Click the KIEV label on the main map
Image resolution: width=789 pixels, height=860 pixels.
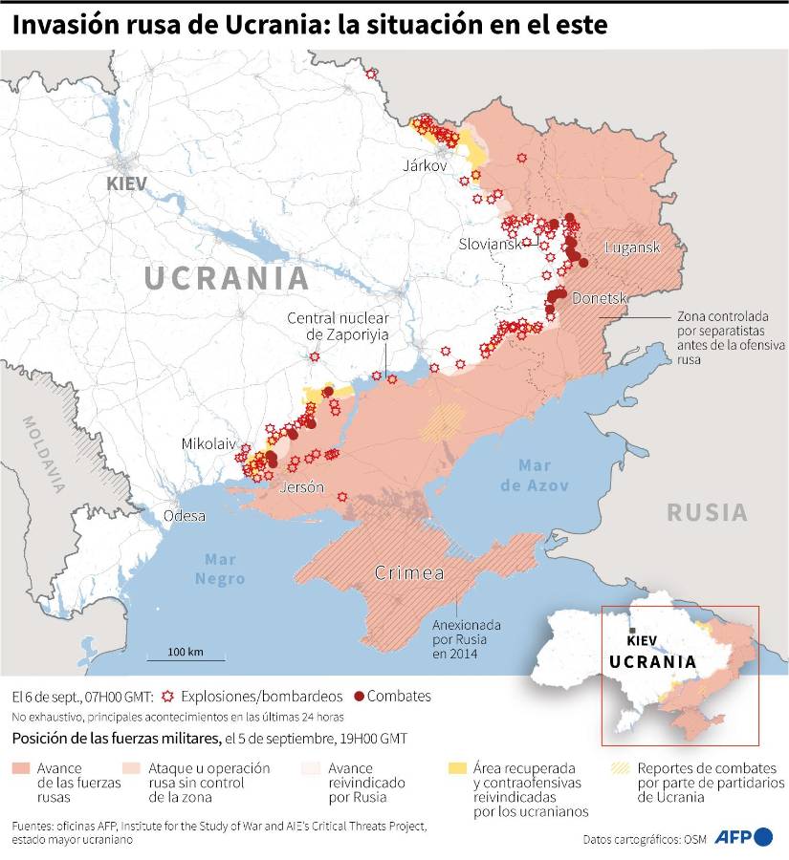(x=128, y=183)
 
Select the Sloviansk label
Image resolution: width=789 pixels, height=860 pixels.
(x=490, y=244)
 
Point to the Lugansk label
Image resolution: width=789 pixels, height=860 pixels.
(x=632, y=247)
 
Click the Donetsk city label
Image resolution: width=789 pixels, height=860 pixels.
(x=599, y=299)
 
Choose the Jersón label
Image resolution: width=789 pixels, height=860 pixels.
(x=302, y=487)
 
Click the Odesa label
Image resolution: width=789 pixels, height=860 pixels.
(x=185, y=516)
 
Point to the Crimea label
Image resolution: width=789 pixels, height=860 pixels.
(x=409, y=573)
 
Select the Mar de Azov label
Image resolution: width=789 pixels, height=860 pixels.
(x=542, y=475)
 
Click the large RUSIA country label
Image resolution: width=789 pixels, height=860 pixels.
(x=707, y=512)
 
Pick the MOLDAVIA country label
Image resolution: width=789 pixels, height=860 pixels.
(x=45, y=454)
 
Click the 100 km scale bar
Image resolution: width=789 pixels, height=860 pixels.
(x=186, y=658)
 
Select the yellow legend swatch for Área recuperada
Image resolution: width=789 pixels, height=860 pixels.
(x=457, y=767)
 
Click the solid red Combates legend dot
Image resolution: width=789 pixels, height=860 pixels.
(x=360, y=696)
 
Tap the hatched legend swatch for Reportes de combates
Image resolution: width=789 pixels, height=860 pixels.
(x=622, y=767)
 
